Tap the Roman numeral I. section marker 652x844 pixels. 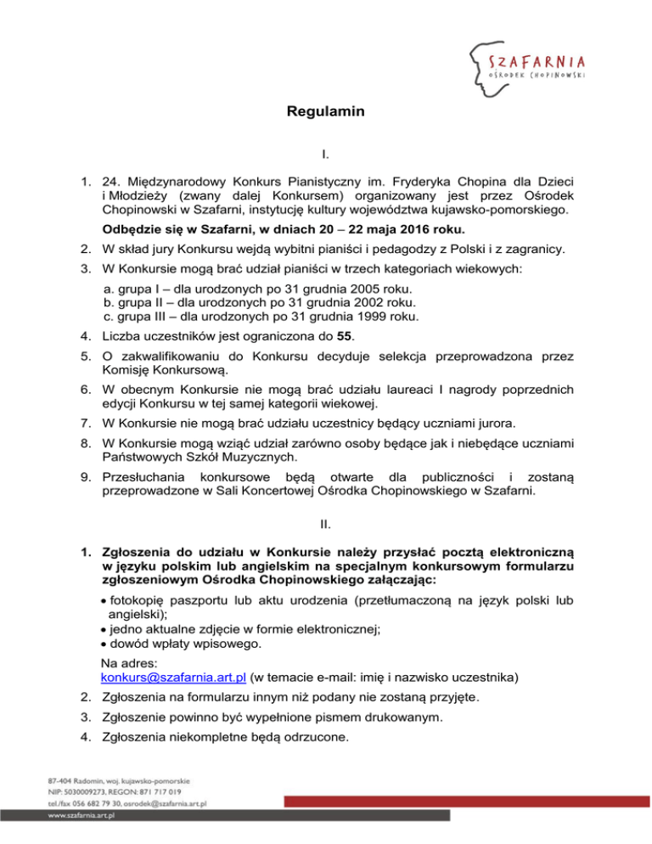pos(326,156)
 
